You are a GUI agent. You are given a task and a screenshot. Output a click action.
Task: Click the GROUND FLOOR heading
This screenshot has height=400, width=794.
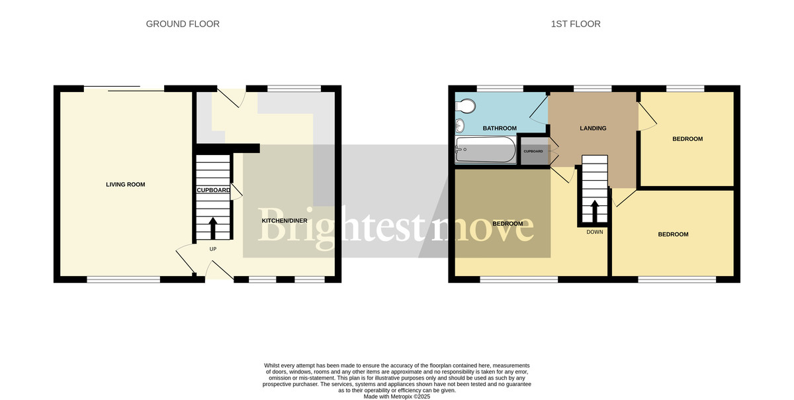click(x=183, y=24)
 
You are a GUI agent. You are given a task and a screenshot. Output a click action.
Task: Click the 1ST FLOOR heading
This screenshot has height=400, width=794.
click(x=575, y=24)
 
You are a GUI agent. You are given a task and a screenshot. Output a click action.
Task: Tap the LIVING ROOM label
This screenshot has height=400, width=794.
click(x=125, y=184)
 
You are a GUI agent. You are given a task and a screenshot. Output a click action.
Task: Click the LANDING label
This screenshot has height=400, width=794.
click(x=593, y=128)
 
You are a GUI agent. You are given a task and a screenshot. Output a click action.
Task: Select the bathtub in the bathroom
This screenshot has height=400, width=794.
click(x=486, y=151)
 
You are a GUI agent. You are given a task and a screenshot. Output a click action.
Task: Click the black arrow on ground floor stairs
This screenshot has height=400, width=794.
click(x=213, y=228)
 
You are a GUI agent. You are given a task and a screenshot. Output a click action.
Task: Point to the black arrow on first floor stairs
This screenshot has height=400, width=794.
click(x=594, y=211)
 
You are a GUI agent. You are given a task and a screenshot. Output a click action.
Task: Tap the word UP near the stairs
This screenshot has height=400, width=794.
click(x=213, y=249)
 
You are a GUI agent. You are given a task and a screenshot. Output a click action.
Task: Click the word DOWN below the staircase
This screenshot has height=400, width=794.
click(x=594, y=232)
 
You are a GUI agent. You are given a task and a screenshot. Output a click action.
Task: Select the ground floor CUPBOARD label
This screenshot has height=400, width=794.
click(x=213, y=190)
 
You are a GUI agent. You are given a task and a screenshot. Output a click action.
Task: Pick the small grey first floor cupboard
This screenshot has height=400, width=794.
click(x=533, y=151)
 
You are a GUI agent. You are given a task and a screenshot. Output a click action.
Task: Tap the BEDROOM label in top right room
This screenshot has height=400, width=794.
click(x=687, y=139)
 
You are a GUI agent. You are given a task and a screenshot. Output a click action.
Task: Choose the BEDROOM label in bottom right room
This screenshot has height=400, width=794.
click(x=672, y=234)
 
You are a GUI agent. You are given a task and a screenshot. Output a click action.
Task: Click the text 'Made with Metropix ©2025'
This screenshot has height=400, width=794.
click(x=397, y=396)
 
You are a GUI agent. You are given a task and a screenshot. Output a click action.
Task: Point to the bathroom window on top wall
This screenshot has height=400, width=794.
click(x=500, y=88)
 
